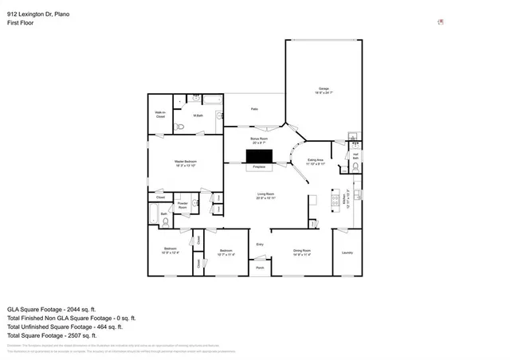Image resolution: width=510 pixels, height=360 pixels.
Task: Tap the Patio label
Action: [x=254, y=109]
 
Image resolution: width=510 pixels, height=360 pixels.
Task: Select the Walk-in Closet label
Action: [x=160, y=115]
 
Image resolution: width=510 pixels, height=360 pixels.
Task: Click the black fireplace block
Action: [x=259, y=156]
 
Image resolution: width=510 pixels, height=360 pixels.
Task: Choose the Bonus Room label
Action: [x=259, y=140]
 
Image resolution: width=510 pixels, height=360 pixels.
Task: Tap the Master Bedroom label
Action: [x=186, y=163]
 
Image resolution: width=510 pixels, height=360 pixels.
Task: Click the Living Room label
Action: [x=265, y=196]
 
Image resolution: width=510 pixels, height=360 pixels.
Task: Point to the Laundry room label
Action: [x=347, y=252]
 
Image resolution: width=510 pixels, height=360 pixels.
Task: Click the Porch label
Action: [x=260, y=268]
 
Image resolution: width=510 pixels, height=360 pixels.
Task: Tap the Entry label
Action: [x=260, y=244]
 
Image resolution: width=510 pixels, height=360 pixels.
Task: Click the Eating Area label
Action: [x=316, y=162]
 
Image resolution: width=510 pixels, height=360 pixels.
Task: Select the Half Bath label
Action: [x=355, y=156]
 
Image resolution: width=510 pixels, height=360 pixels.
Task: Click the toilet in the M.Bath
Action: [x=180, y=127]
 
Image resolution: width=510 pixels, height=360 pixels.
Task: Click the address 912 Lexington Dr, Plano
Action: [x=39, y=14]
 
